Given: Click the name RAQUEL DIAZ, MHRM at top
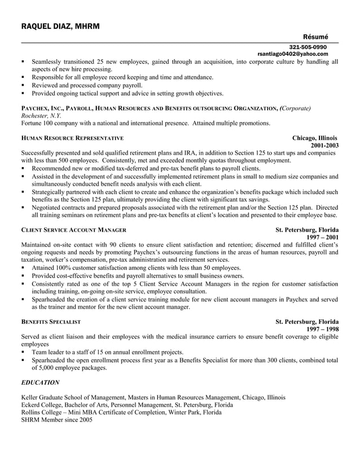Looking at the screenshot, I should pyautogui.click(x=62, y=27).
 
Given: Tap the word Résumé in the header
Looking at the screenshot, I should pyautogui.click(x=315, y=36).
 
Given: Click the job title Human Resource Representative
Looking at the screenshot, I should pyautogui.click(x=72, y=138).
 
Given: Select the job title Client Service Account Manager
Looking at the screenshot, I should pyautogui.click(x=74, y=230).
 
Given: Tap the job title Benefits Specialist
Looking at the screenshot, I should pyautogui.click(x=51, y=322).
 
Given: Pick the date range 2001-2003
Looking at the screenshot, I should pyautogui.click(x=324, y=145).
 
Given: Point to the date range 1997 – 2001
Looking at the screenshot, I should pyautogui.click(x=323, y=238).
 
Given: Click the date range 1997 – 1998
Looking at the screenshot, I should pyautogui.click(x=323, y=329).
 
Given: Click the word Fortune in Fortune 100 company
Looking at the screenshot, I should pyautogui.click(x=32, y=122).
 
